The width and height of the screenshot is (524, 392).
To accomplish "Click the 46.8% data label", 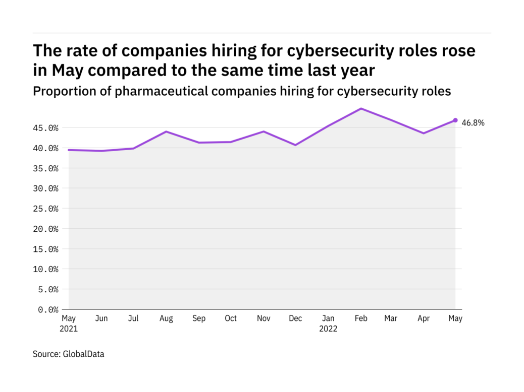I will [x=473, y=122].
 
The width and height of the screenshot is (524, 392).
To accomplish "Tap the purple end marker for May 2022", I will [x=455, y=120].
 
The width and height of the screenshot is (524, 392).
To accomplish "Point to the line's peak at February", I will [x=361, y=108].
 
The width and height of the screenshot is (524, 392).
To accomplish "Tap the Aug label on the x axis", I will [x=166, y=319].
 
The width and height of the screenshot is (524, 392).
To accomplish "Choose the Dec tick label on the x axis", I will [x=295, y=319].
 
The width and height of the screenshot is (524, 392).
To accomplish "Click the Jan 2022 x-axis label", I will [x=328, y=323].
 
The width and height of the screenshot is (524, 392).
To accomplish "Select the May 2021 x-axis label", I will [x=69, y=323].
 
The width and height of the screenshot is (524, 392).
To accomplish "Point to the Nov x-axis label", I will [x=263, y=319].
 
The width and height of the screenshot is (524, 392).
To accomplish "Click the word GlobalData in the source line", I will [x=83, y=354].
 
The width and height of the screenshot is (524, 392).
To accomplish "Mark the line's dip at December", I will [x=295, y=145].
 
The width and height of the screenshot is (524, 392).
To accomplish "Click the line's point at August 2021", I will [x=166, y=132].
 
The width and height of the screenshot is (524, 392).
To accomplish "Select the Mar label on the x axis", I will [x=390, y=319].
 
